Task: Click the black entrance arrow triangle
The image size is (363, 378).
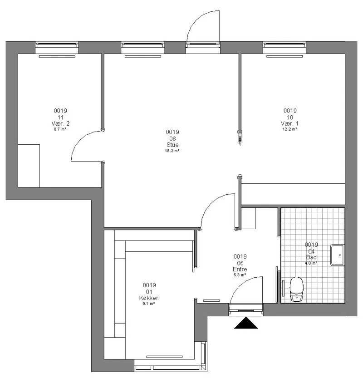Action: tap(245, 323)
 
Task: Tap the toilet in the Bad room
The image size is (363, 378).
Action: tap(296, 289)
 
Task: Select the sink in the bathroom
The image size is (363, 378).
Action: tap(338, 255)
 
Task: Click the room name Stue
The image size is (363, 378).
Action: tap(172, 145)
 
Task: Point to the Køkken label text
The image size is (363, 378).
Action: tap(149, 298)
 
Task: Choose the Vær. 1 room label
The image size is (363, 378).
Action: tap(290, 123)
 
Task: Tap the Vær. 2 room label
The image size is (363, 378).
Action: tap(60, 123)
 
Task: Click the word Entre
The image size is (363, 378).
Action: tap(240, 269)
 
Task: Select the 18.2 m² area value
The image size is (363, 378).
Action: tap(172, 151)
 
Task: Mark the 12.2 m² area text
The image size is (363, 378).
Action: tap(290, 129)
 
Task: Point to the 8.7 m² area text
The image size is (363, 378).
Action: tap(60, 129)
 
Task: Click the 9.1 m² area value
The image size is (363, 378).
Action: tap(149, 304)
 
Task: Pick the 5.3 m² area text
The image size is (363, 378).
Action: tap(240, 275)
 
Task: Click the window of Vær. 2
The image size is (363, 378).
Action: tap(57, 48)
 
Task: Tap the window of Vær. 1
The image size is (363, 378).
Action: tap(285, 48)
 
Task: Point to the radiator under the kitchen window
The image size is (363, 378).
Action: tap(164, 357)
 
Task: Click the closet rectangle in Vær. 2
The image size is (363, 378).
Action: tap(29, 166)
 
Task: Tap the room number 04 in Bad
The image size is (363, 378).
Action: tap(311, 251)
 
